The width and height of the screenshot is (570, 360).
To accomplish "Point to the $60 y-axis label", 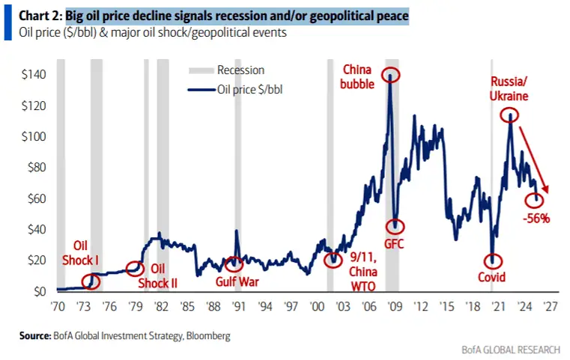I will (x=35, y=198).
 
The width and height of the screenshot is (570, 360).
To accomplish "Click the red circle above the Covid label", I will (x=492, y=261).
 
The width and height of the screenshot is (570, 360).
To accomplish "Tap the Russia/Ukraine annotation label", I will (x=509, y=89).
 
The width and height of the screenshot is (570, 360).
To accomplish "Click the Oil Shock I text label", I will (x=85, y=253).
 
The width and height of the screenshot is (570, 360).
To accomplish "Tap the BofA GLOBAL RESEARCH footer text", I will (x=506, y=350).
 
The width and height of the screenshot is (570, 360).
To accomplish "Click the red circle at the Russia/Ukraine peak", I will (x=510, y=115).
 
